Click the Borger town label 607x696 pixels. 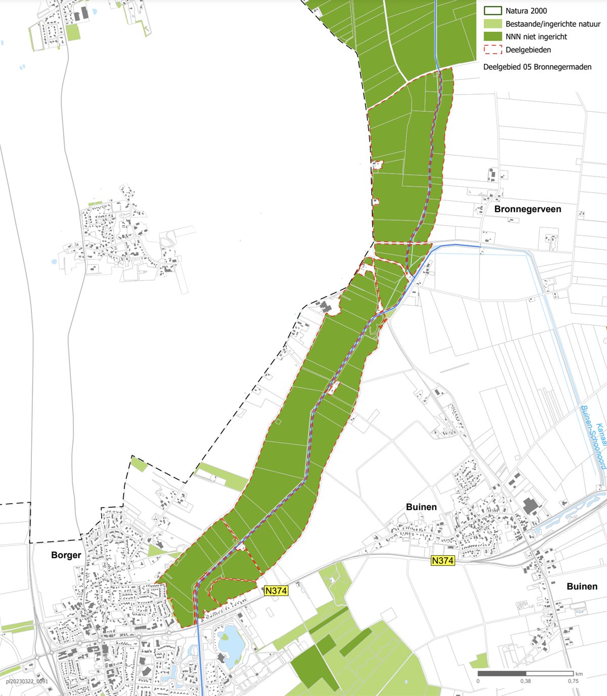coord(66,555)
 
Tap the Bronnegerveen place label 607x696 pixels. coord(528,209)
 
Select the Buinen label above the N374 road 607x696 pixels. coord(421,507)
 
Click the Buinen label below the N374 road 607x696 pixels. coord(582,586)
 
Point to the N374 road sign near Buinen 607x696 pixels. coord(443,560)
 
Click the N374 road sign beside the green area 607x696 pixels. coord(276,590)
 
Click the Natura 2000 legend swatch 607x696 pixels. coord(493,11)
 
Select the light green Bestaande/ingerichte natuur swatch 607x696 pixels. coord(493,24)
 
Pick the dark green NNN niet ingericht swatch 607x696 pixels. coord(493,36)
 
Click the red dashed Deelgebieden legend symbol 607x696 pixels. coord(493,50)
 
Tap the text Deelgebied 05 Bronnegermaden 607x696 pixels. coord(537,67)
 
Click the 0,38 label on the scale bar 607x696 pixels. coord(526,681)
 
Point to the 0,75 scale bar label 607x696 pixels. coord(573,681)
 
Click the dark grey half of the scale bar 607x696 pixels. coord(502,674)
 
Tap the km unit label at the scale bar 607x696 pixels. coord(579,674)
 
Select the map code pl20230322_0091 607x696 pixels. coord(27,681)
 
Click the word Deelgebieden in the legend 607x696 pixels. coord(528,50)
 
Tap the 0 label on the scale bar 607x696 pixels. coord(478,681)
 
